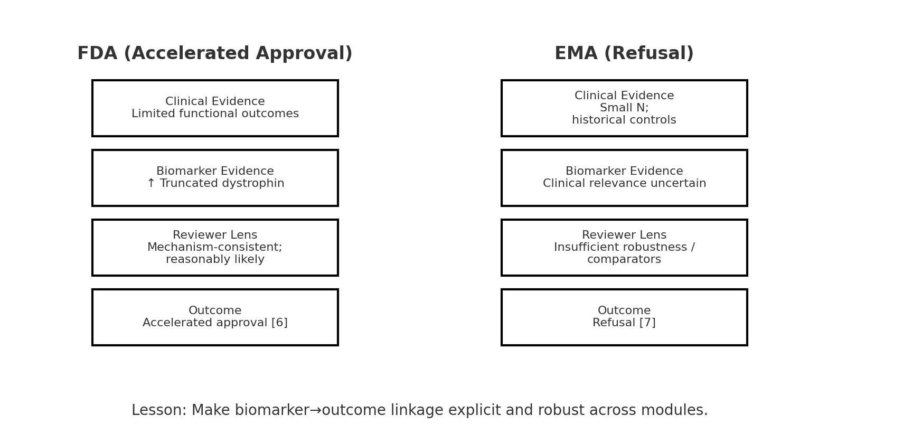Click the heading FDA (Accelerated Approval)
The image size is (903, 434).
[x=214, y=54]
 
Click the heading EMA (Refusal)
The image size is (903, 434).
[x=624, y=54]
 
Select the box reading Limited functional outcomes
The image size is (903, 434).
[x=215, y=108]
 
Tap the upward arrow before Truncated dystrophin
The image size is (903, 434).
[x=151, y=184]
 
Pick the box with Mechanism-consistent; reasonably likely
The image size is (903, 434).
[x=215, y=248]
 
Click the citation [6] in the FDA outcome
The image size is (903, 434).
[x=279, y=323]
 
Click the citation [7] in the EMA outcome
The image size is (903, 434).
[x=647, y=323]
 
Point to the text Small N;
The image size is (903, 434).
[x=624, y=108]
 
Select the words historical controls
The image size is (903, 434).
[x=624, y=120]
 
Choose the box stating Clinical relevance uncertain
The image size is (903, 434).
[x=624, y=178]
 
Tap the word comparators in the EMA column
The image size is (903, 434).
[x=624, y=260]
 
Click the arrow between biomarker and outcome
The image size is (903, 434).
[x=315, y=410]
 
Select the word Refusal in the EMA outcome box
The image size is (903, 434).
[x=614, y=323]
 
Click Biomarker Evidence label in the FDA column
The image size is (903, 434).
[x=215, y=172]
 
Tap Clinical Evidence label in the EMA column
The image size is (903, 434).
[x=624, y=96]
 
